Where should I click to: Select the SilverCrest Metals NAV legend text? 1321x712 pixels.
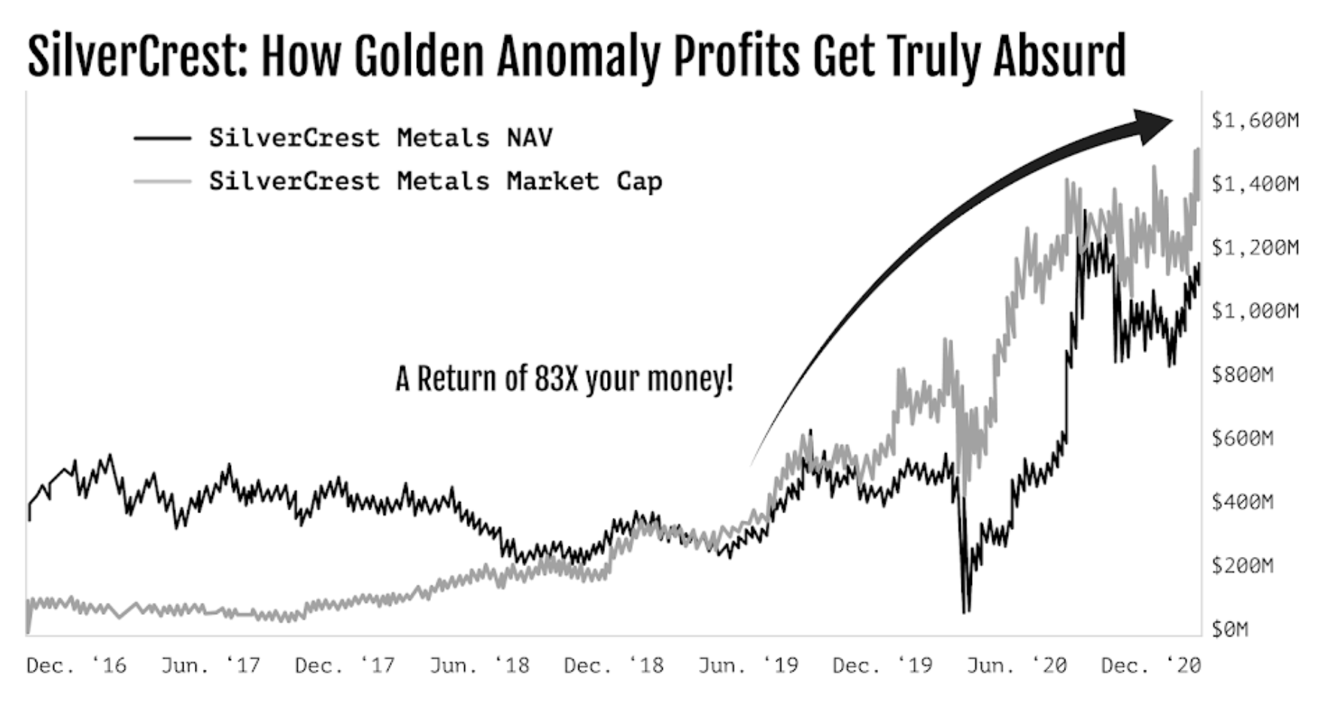coord(381,138)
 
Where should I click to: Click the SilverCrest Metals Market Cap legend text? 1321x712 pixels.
coord(436,181)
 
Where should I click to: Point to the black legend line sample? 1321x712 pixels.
coord(162,138)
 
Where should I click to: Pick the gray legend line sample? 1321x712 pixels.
coord(162,181)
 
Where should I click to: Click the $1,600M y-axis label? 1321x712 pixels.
coord(1255,120)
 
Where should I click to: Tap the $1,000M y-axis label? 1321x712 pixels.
coord(1255,311)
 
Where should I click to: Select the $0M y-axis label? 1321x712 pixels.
coord(1229,628)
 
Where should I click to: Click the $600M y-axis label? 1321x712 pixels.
coord(1242,438)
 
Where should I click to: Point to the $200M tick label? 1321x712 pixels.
coord(1242,565)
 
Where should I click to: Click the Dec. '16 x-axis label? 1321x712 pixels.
coord(76,665)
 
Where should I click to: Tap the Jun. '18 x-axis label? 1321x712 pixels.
coord(479,665)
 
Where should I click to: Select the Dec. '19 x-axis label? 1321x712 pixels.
coord(882,665)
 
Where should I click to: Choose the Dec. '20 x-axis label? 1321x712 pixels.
coord(1150,665)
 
